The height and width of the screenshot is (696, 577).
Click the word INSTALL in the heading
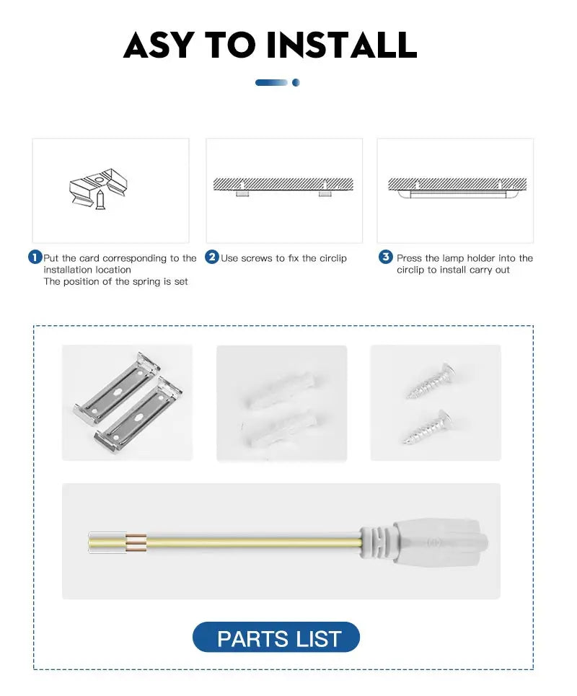tap(342, 45)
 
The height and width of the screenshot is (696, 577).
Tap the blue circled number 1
tap(35, 257)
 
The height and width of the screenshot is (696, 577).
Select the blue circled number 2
tap(212, 257)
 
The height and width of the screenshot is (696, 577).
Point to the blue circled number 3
tap(386, 257)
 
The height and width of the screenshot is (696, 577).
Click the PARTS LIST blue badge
tap(276, 638)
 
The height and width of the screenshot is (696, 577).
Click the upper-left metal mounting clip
tap(117, 388)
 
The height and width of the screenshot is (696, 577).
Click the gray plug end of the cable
tap(440, 541)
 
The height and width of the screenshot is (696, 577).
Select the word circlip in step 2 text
tap(331, 258)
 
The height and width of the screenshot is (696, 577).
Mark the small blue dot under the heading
tap(296, 83)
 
